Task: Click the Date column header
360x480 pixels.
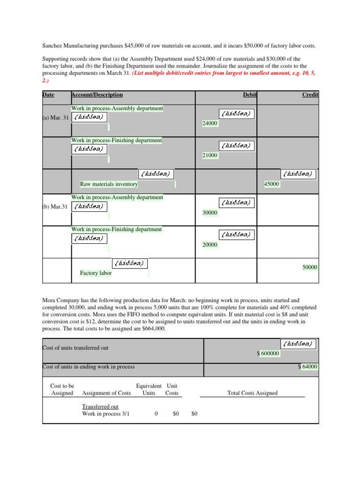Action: pyautogui.click(x=48, y=95)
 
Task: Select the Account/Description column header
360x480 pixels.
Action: pyautogui.click(x=97, y=95)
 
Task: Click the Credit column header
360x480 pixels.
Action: pyautogui.click(x=310, y=95)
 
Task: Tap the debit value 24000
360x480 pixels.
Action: pyautogui.click(x=210, y=123)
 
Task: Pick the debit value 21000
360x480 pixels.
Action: pyautogui.click(x=210, y=155)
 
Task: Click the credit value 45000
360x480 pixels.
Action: pyautogui.click(x=272, y=184)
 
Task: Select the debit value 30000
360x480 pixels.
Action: pyautogui.click(x=210, y=212)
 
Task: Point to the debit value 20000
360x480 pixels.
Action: pyautogui.click(x=210, y=244)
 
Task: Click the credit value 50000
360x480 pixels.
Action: pyautogui.click(x=310, y=267)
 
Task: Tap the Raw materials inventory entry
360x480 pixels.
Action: pyautogui.click(x=109, y=184)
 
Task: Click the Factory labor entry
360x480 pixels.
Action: pyautogui.click(x=96, y=273)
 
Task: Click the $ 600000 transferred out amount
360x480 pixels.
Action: pyautogui.click(x=269, y=353)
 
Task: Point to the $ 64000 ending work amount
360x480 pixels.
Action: pyautogui.click(x=308, y=367)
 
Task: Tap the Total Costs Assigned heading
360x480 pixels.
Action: pyautogui.click(x=252, y=393)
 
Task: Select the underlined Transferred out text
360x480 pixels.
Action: pyautogui.click(x=100, y=407)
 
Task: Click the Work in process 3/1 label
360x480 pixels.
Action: pyautogui.click(x=105, y=414)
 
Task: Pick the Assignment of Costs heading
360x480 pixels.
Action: pyautogui.click(x=106, y=393)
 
